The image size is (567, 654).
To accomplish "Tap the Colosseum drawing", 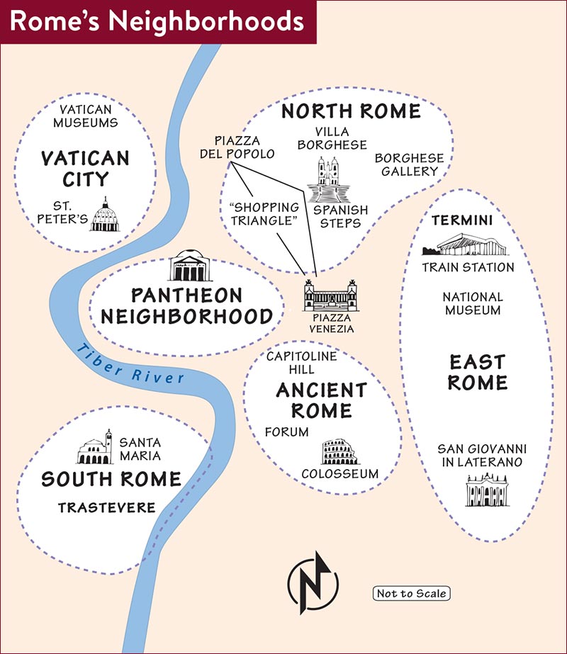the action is (339, 452).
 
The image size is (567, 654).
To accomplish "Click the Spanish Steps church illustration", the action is (328, 179).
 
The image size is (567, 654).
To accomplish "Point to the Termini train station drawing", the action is (466, 244).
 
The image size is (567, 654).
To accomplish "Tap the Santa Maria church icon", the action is (95, 447).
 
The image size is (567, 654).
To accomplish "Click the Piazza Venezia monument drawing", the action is (331, 295).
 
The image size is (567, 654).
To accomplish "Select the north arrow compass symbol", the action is (313, 584).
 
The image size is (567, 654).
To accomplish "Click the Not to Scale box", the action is (411, 593).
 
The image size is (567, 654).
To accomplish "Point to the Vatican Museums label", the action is (86, 116).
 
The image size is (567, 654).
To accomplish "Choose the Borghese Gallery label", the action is (409, 164).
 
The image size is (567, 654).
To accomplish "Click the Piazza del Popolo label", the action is (237, 147).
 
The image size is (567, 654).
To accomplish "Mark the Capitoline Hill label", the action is (302, 363).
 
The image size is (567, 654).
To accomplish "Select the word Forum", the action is (286, 432).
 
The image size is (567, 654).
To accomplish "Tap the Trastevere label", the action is (107, 507).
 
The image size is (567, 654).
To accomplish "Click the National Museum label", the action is (473, 303).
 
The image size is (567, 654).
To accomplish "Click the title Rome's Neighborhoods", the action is (157, 21).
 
